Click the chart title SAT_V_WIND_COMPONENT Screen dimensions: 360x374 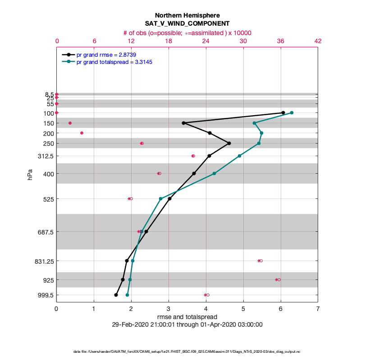[x=187, y=23]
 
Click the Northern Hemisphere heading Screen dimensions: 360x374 [x=187, y=15]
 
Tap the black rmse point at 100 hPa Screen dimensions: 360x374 [x=283, y=112]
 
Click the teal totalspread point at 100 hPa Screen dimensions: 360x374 [x=292, y=112]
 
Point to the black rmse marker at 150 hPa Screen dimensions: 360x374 [x=183, y=123]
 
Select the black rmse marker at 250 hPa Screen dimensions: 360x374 [x=229, y=143]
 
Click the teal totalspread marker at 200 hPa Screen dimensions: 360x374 [x=261, y=133]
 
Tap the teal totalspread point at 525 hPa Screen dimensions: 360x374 [x=161, y=198]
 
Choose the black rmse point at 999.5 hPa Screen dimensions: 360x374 [x=116, y=295]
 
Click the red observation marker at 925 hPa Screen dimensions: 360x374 [x=278, y=279]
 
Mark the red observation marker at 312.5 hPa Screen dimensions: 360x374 [x=193, y=156]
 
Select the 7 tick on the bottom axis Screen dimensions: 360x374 [x=318, y=309]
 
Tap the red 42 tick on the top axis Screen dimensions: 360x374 [x=318, y=41]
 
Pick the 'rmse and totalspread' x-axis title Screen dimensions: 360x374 [x=187, y=317]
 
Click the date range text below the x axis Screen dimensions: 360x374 [x=187, y=324]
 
